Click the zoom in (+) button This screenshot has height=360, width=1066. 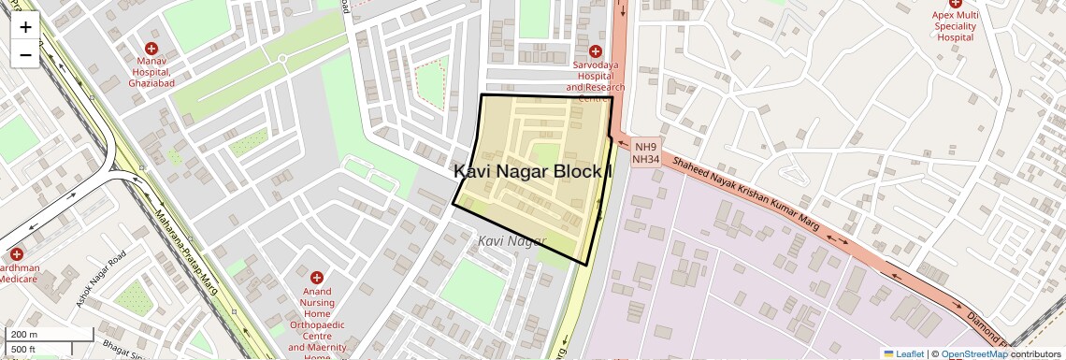pos(25,27)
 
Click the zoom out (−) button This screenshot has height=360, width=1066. pos(25,55)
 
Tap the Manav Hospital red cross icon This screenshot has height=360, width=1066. pos(151,49)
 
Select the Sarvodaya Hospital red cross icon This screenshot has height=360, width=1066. pos(595,50)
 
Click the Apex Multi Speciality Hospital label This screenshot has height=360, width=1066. pos(955,26)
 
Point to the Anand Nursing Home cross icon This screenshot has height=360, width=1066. pos(317,278)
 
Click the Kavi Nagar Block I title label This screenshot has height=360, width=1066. pos(533,171)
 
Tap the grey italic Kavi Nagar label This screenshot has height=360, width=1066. pos(511,241)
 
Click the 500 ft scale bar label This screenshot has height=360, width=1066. pos(23,350)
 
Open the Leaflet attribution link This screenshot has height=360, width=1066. pos(903,353)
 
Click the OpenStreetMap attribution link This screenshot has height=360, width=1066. pos(973,353)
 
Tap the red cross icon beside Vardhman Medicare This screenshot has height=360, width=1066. pos(16,254)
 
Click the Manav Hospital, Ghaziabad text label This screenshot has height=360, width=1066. pos(151,72)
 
